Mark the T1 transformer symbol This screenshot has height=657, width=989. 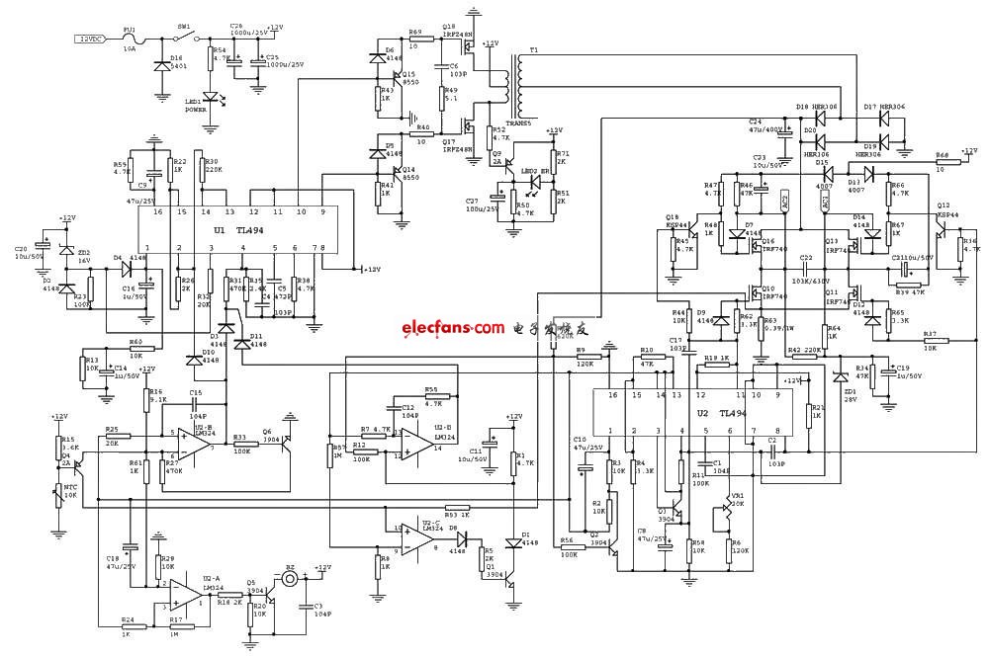tap(513, 80)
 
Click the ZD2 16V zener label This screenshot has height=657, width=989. tap(82, 255)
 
